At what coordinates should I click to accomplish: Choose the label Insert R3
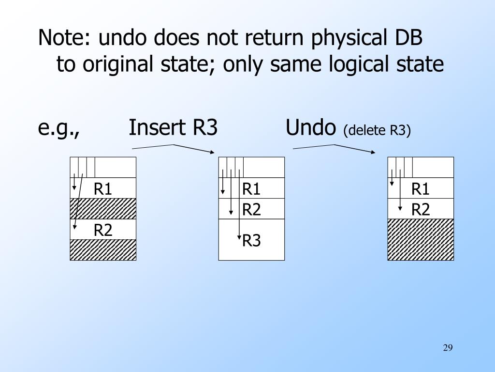[173, 128]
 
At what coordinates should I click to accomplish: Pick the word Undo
[310, 128]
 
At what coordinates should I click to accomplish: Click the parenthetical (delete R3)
[377, 130]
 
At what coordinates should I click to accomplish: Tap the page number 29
[447, 348]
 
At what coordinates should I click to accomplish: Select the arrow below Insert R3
[173, 148]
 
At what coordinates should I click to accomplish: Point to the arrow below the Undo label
[334, 148]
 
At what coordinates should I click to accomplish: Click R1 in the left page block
[103, 188]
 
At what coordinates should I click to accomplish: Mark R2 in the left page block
[103, 230]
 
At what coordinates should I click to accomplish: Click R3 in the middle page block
[251, 240]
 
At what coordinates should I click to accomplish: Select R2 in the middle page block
[251, 209]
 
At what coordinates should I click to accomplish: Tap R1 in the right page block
[421, 188]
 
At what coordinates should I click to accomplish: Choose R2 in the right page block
[421, 209]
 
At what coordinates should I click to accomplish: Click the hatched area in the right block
[421, 239]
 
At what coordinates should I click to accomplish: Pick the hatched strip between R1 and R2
[103, 209]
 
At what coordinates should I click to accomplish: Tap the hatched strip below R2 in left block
[103, 249]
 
